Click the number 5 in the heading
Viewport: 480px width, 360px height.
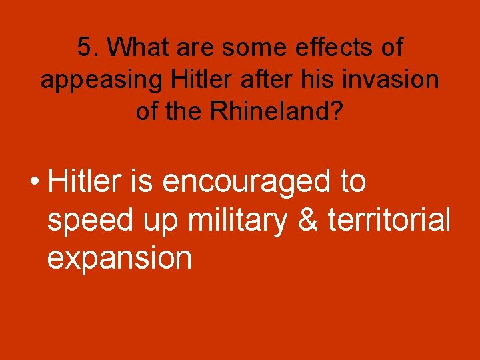(x=84, y=48)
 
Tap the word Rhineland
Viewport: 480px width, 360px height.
(x=267, y=111)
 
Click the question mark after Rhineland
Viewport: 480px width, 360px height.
(x=337, y=111)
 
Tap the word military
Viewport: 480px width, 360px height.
(x=240, y=220)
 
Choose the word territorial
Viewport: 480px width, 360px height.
(x=389, y=220)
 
